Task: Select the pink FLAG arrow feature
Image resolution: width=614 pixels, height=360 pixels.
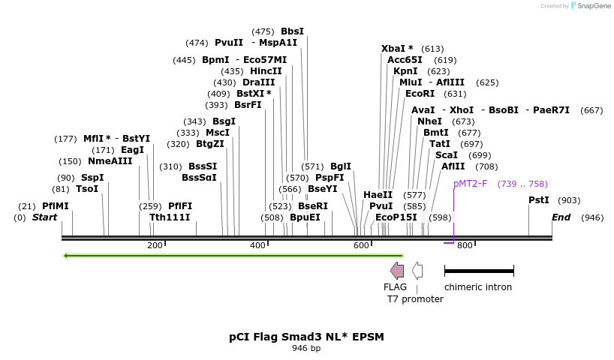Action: point(397,271)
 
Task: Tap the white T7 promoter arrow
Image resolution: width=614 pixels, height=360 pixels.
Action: point(417,271)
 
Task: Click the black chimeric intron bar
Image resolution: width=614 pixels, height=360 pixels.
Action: point(479,270)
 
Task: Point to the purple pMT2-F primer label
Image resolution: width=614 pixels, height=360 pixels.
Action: point(470,184)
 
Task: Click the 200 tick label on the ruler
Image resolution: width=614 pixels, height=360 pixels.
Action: point(155,246)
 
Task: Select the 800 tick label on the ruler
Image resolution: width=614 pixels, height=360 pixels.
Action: point(465,246)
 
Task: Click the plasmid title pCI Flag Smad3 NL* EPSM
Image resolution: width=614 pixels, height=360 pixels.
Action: point(306,337)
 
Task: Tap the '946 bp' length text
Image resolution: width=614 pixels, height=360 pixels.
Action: point(306,348)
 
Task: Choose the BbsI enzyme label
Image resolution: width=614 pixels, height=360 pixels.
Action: point(292,31)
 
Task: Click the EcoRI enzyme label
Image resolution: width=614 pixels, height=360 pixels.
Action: point(420,94)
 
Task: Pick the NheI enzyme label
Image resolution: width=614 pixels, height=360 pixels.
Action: point(429,121)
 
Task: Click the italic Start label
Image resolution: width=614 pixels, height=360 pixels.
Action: point(44,217)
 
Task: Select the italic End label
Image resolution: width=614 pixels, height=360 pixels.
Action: point(561,217)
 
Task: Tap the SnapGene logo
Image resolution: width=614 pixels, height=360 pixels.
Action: point(589,6)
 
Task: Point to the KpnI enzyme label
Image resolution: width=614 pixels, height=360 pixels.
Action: point(405,71)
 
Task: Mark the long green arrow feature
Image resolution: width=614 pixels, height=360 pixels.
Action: point(233,256)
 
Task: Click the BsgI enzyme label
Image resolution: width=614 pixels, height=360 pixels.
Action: point(224,121)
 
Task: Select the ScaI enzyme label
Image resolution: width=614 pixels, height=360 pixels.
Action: point(447,155)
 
